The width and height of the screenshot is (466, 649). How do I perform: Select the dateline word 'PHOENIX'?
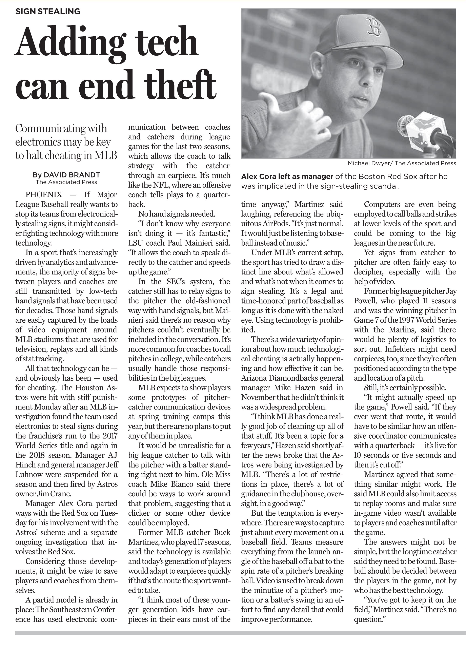click(44, 195)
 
